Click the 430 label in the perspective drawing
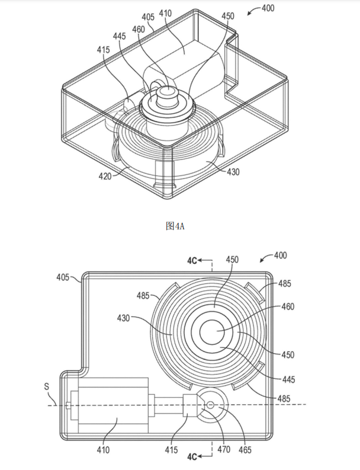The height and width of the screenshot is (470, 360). tap(234, 172)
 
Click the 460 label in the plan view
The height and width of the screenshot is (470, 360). tap(288, 306)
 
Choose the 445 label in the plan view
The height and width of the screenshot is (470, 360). tap(288, 379)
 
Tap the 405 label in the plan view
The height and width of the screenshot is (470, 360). tap(63, 277)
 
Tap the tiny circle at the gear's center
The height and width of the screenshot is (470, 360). tap(210, 405)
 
